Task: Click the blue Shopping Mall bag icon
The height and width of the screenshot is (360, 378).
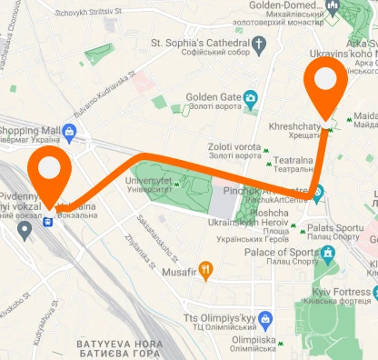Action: pyautogui.click(x=69, y=134)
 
